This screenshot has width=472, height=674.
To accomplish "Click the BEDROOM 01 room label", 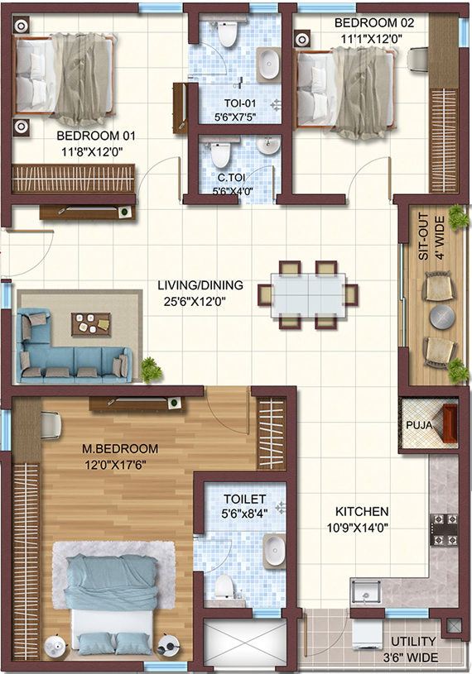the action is tap(96, 136).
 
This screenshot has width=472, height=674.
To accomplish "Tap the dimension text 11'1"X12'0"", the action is tap(372, 39).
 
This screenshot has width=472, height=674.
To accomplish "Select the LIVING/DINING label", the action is tap(200, 285).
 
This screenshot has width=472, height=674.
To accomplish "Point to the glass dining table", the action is tap(308, 295).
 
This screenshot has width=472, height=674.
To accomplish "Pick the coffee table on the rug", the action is tap(91, 324).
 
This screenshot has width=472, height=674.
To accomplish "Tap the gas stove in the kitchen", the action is tap(444, 529).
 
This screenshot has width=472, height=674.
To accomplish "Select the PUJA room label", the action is tap(419, 426).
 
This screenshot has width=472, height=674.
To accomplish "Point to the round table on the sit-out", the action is tap(442, 318).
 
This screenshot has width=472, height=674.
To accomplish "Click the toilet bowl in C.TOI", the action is tap(220, 155).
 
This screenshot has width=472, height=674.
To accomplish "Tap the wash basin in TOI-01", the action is tap(269, 64).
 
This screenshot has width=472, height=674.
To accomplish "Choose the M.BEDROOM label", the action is tap(120, 449).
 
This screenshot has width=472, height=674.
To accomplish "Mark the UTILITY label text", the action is tap(413, 641).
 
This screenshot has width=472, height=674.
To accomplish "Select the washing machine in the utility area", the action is tap(367, 634).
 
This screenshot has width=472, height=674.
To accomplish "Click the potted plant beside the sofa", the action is tap(151, 369).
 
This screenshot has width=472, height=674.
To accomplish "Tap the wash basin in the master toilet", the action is tap(273, 552).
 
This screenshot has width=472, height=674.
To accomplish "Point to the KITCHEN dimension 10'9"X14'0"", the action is tap(358, 528).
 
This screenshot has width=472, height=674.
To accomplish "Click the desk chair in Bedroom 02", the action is tap(417, 60).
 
